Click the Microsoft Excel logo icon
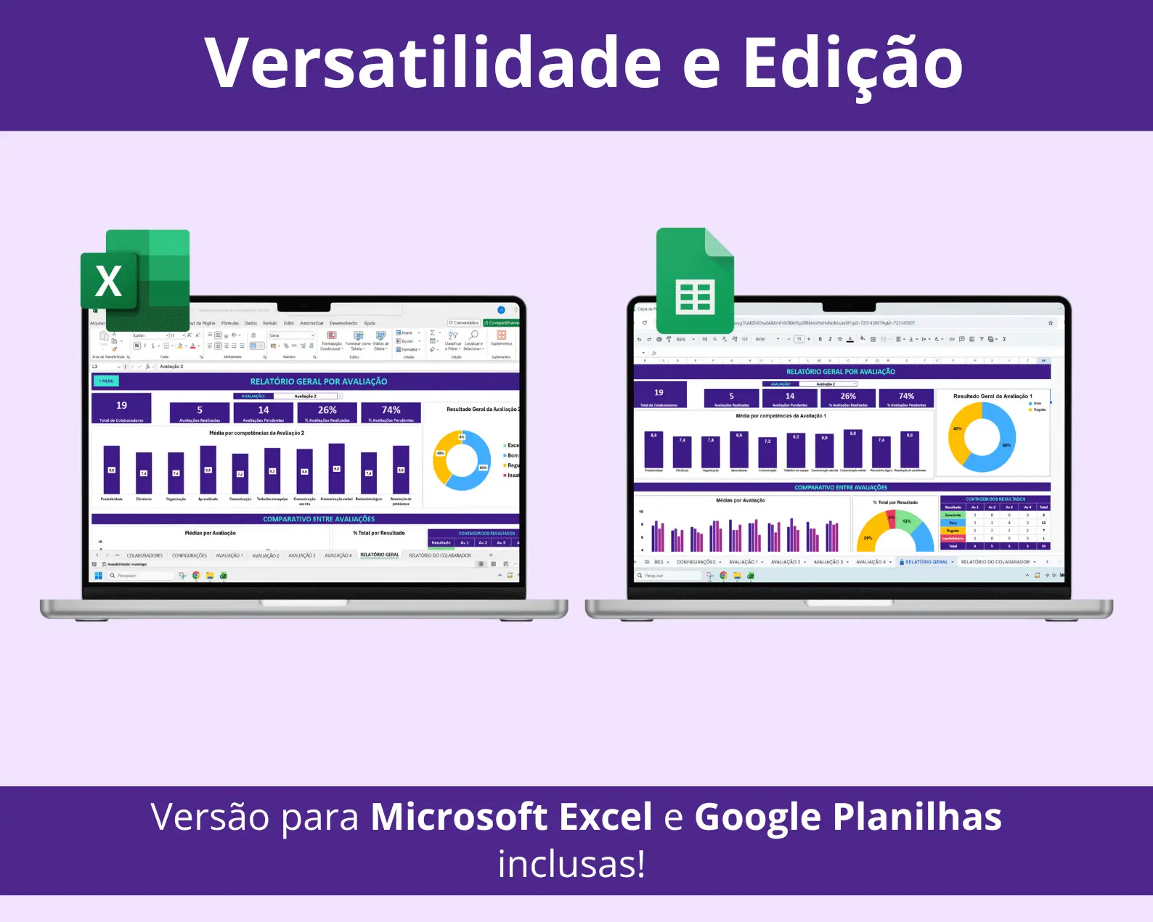pyautogui.click(x=136, y=279)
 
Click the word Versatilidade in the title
pyautogui.click(x=432, y=64)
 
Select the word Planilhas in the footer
pyautogui.click(x=918, y=817)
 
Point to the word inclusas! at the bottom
pyautogui.click(x=571, y=864)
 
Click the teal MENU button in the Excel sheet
pyautogui.click(x=106, y=381)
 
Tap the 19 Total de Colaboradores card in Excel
pyautogui.click(x=121, y=409)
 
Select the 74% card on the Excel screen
pyautogui.click(x=391, y=412)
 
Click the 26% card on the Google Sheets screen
pyautogui.click(x=848, y=399)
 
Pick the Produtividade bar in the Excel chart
pyautogui.click(x=111, y=470)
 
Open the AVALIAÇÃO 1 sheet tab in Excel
pyautogui.click(x=229, y=555)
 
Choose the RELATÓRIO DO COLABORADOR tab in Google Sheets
pyautogui.click(x=995, y=562)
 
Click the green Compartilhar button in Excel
pyautogui.click(x=502, y=323)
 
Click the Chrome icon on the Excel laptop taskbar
pyautogui.click(x=196, y=576)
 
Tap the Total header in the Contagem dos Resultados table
pyautogui.click(x=1043, y=507)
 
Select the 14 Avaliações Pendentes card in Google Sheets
pyautogui.click(x=790, y=399)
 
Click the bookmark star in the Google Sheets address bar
pyautogui.click(x=1050, y=323)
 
